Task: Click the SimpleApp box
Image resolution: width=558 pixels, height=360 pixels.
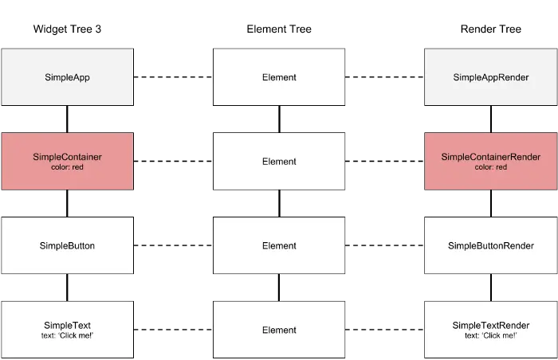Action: click(x=67, y=77)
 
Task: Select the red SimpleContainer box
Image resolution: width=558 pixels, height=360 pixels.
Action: click(x=67, y=161)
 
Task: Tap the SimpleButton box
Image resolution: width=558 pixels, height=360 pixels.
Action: click(x=67, y=245)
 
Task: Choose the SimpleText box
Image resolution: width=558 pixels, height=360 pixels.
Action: click(x=67, y=329)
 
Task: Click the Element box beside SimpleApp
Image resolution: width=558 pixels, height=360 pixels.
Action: click(x=279, y=77)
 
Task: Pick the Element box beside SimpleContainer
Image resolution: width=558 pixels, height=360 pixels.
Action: click(x=279, y=161)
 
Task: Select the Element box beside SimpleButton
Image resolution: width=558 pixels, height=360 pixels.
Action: click(x=279, y=245)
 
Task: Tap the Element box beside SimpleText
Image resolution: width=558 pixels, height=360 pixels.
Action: click(x=279, y=329)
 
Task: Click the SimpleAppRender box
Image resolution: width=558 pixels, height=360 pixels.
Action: click(x=490, y=77)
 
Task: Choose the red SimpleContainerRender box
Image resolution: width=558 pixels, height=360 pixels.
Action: click(x=490, y=161)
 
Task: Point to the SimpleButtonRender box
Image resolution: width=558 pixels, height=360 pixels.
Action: click(x=490, y=245)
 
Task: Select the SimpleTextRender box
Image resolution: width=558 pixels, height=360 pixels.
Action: click(x=490, y=329)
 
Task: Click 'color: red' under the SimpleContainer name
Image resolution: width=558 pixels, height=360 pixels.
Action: click(x=67, y=167)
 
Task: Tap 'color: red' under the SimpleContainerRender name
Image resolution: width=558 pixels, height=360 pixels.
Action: click(x=491, y=167)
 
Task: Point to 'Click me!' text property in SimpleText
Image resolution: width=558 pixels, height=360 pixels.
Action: click(x=67, y=335)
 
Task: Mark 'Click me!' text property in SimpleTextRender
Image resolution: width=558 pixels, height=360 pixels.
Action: click(x=491, y=335)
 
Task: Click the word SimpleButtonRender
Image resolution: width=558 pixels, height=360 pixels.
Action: click(x=491, y=245)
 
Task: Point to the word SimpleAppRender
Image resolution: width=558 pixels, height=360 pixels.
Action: click(x=491, y=77)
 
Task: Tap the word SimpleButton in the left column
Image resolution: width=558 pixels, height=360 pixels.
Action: click(x=67, y=245)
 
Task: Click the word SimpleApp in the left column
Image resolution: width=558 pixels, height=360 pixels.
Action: click(x=67, y=77)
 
